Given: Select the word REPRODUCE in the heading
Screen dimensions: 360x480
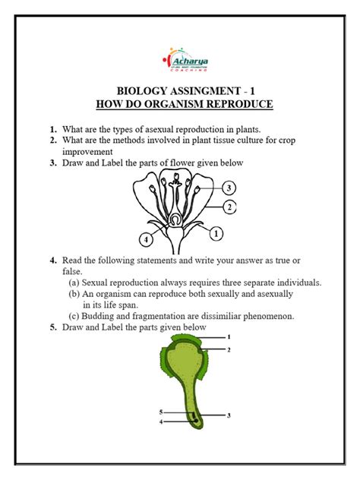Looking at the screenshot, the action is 235,103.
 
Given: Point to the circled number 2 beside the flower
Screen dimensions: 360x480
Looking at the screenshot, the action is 227,207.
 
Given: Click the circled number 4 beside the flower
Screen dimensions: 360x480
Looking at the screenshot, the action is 145,240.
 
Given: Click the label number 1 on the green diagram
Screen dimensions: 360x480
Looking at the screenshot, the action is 228,336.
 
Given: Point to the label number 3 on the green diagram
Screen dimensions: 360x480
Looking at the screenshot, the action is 229,415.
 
